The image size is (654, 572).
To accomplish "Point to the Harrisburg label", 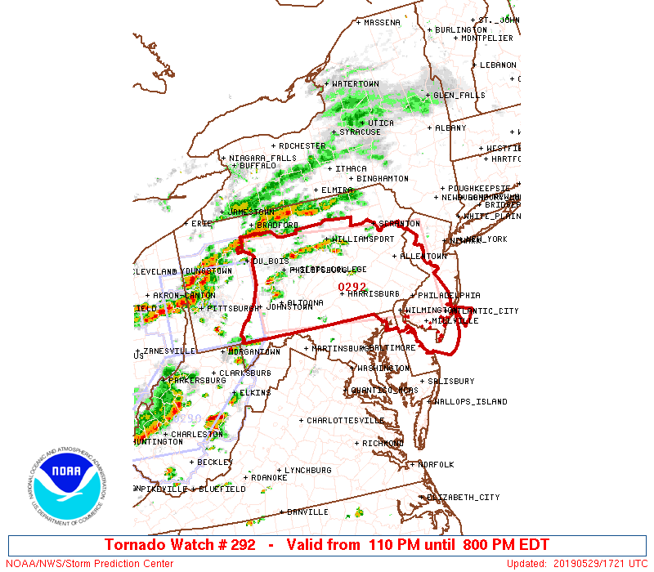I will pyautogui.click(x=372, y=293).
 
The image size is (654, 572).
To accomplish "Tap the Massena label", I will pyautogui.click(x=382, y=22).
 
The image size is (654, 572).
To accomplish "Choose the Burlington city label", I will pyautogui.click(x=460, y=30).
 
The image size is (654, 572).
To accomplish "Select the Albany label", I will pyautogui.click(x=450, y=128).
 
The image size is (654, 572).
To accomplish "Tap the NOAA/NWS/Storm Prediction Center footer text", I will pyautogui.click(x=89, y=563).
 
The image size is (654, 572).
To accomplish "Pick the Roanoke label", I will pyautogui.click(x=269, y=477).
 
